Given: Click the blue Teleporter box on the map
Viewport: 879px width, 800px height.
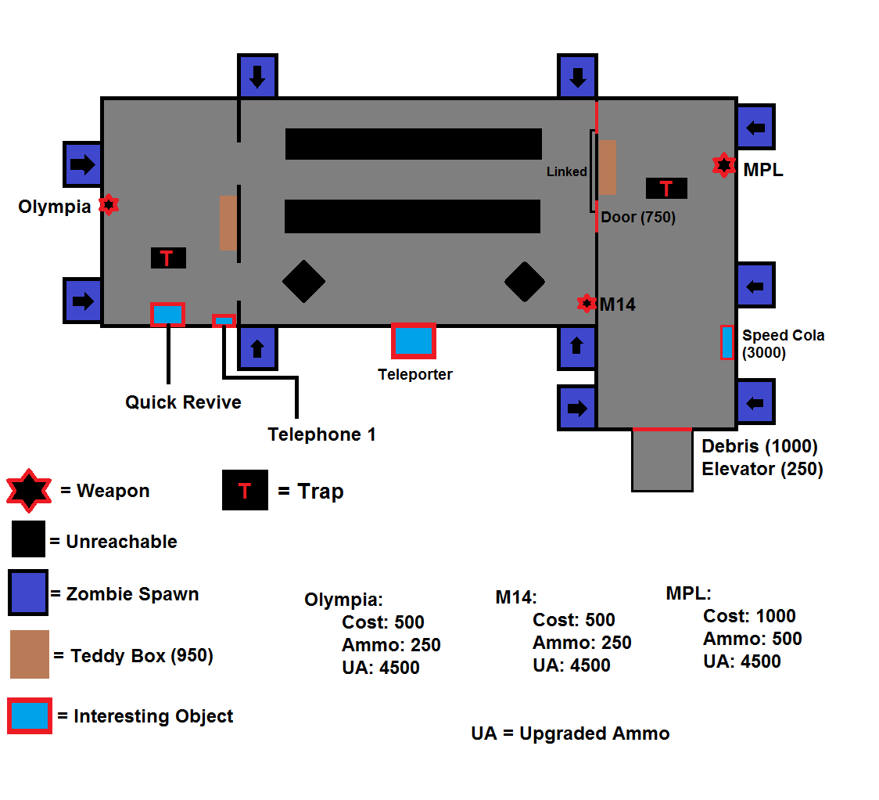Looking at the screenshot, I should (413, 341).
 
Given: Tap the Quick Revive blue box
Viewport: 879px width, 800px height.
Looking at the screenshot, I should (167, 314).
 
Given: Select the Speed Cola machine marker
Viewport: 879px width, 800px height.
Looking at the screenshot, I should (727, 342).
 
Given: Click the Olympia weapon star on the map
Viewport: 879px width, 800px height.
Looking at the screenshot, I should (109, 205).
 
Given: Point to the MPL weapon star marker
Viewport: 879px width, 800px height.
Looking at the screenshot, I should (724, 165).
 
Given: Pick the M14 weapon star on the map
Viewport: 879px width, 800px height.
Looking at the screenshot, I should (587, 303).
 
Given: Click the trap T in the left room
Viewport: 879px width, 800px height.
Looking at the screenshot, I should (168, 258).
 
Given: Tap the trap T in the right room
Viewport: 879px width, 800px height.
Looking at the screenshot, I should (666, 188).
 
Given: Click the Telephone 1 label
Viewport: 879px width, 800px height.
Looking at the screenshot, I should (321, 434).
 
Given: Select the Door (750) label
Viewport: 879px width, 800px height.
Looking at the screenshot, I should (638, 218).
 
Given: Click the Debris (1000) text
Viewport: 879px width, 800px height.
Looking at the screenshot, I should (759, 447).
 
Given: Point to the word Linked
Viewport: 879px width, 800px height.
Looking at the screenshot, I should (566, 171).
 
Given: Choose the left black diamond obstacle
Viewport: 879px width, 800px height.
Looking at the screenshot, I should (303, 281).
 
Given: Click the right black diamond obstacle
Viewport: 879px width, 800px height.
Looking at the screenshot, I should (524, 281).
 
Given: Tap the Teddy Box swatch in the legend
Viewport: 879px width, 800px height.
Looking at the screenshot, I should (30, 654).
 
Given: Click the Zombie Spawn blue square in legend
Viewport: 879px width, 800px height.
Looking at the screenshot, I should (28, 592).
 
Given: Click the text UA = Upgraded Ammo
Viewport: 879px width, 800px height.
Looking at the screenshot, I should (570, 734).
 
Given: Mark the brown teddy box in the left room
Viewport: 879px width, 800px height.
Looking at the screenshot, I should (228, 222).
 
